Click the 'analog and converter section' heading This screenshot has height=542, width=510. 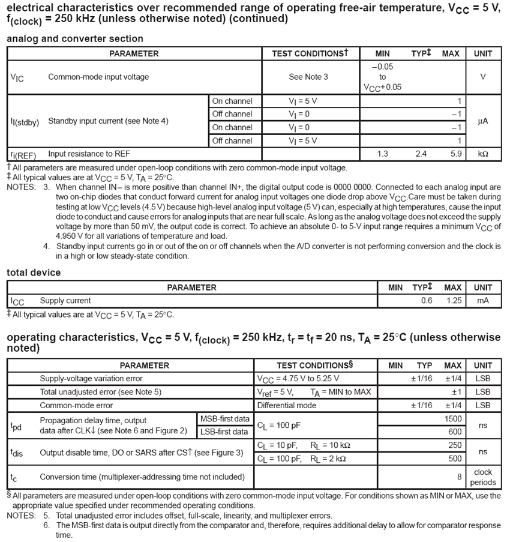75,39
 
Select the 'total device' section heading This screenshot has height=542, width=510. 34,273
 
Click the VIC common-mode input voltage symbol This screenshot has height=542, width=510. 17,77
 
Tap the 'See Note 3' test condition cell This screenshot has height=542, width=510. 308,77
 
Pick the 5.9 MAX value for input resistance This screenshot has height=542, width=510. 455,154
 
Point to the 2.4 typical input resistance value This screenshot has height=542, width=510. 421,154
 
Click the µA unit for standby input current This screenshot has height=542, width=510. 482,121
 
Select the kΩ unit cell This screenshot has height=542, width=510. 482,154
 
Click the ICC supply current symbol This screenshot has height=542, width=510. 17,301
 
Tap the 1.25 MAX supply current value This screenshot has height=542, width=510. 454,301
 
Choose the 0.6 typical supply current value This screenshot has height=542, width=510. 426,301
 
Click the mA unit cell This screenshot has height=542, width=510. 482,301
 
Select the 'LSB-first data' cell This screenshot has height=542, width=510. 224,432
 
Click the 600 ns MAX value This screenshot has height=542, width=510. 455,432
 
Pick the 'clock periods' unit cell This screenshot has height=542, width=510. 482,477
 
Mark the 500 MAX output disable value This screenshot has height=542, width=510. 455,459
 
